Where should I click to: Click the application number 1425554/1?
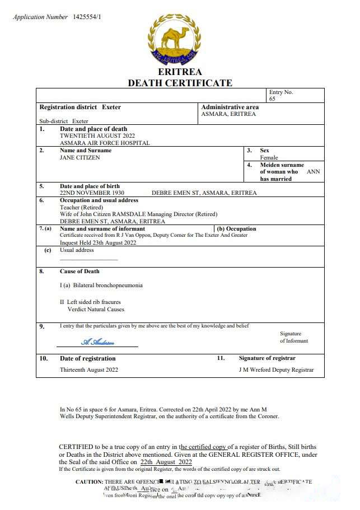[x=87, y=17]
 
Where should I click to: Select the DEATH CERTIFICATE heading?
[x=180, y=83]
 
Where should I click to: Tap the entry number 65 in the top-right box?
[x=272, y=99]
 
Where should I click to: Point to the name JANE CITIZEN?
[x=80, y=157]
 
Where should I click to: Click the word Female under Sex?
[x=269, y=157]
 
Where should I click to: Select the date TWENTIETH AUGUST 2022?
[x=97, y=135]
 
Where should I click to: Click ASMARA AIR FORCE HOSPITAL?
[x=105, y=143]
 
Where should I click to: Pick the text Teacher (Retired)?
[x=81, y=207]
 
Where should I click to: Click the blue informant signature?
[x=97, y=342]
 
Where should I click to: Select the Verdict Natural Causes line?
[x=96, y=309]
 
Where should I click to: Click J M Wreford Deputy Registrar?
[x=276, y=369]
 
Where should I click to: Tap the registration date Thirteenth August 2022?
[x=89, y=369]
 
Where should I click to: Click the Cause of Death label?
[x=80, y=272]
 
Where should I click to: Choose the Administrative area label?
[x=230, y=107]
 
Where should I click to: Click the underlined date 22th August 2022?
[x=162, y=462]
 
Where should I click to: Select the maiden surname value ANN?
[x=313, y=172]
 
